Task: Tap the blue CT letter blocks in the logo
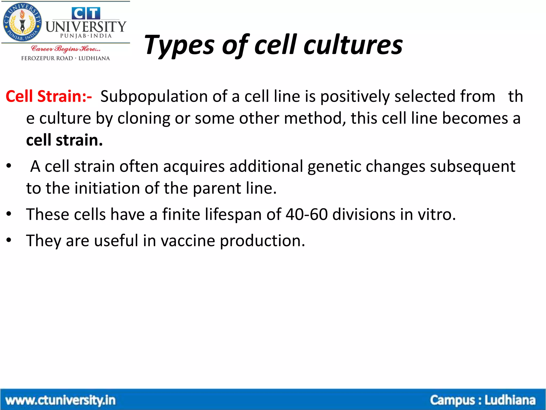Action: (x=86, y=13)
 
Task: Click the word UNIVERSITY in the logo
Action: (x=86, y=27)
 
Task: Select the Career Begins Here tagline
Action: (x=66, y=49)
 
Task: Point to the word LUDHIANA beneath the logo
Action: (x=94, y=58)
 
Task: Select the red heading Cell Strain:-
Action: (x=49, y=96)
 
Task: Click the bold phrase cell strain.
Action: (x=64, y=140)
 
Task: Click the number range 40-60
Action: (x=306, y=214)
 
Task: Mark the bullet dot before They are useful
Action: (x=9, y=240)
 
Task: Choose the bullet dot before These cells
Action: (x=9, y=214)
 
